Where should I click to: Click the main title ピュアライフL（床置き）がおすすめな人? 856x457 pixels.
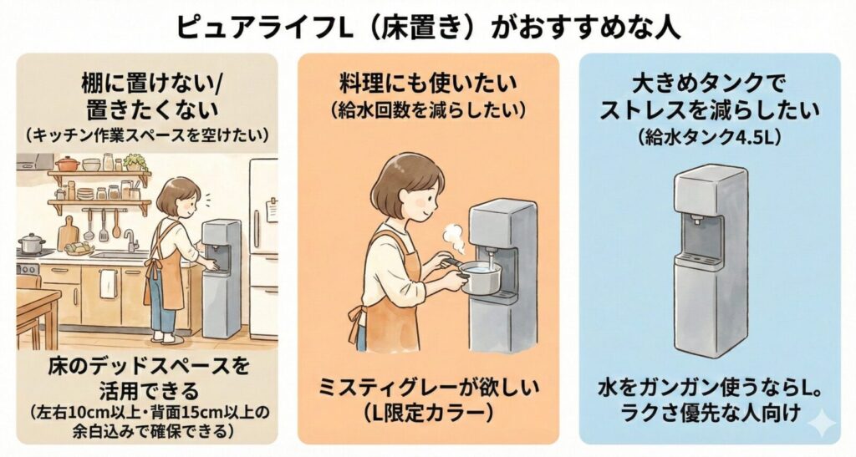pos(427,27)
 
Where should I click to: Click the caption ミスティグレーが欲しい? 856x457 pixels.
pos(429,388)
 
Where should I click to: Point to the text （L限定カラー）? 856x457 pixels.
pos(428,413)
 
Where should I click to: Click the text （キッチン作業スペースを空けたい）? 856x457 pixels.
pos(147,135)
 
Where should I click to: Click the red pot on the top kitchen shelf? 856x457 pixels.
pos(68,163)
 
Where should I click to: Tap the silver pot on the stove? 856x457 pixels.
pos(33,243)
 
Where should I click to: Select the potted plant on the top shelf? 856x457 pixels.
pos(134,162)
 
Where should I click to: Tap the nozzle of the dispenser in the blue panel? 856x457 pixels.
pos(696,221)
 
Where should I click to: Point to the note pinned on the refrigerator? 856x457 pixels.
pos(273,210)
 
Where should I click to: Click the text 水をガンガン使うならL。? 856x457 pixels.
pos(710,388)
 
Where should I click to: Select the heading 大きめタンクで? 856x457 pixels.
pos(709,84)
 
